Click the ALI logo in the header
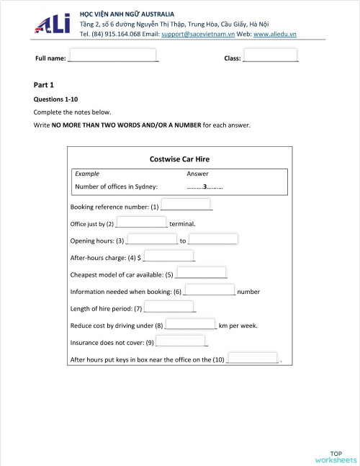coord(53,24)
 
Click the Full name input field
coord(112,55)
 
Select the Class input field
coord(270,55)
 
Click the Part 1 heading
coord(44,85)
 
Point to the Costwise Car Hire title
coord(180,159)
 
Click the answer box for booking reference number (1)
coord(186,205)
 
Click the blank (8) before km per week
coord(191,324)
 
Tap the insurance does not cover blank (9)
coord(181,341)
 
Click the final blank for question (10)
coord(252,358)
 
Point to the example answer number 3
coord(204,187)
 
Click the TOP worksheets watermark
coord(336,457)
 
